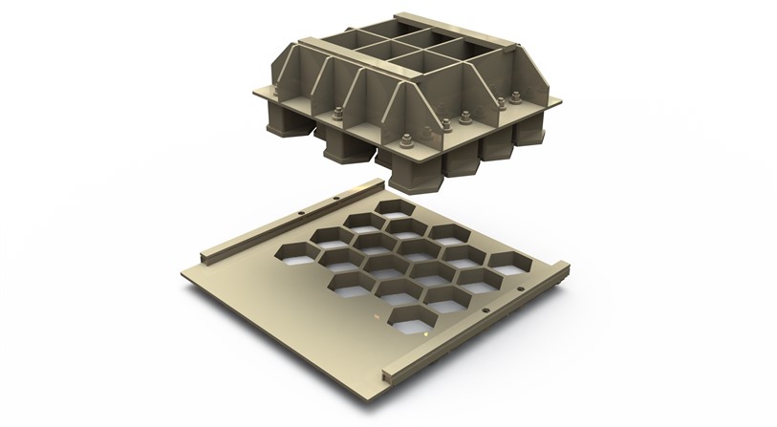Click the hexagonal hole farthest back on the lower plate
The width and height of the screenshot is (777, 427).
pos(392,210)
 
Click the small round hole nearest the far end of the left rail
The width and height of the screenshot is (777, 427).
pos(302,212)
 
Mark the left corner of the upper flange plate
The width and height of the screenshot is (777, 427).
pos(254,94)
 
